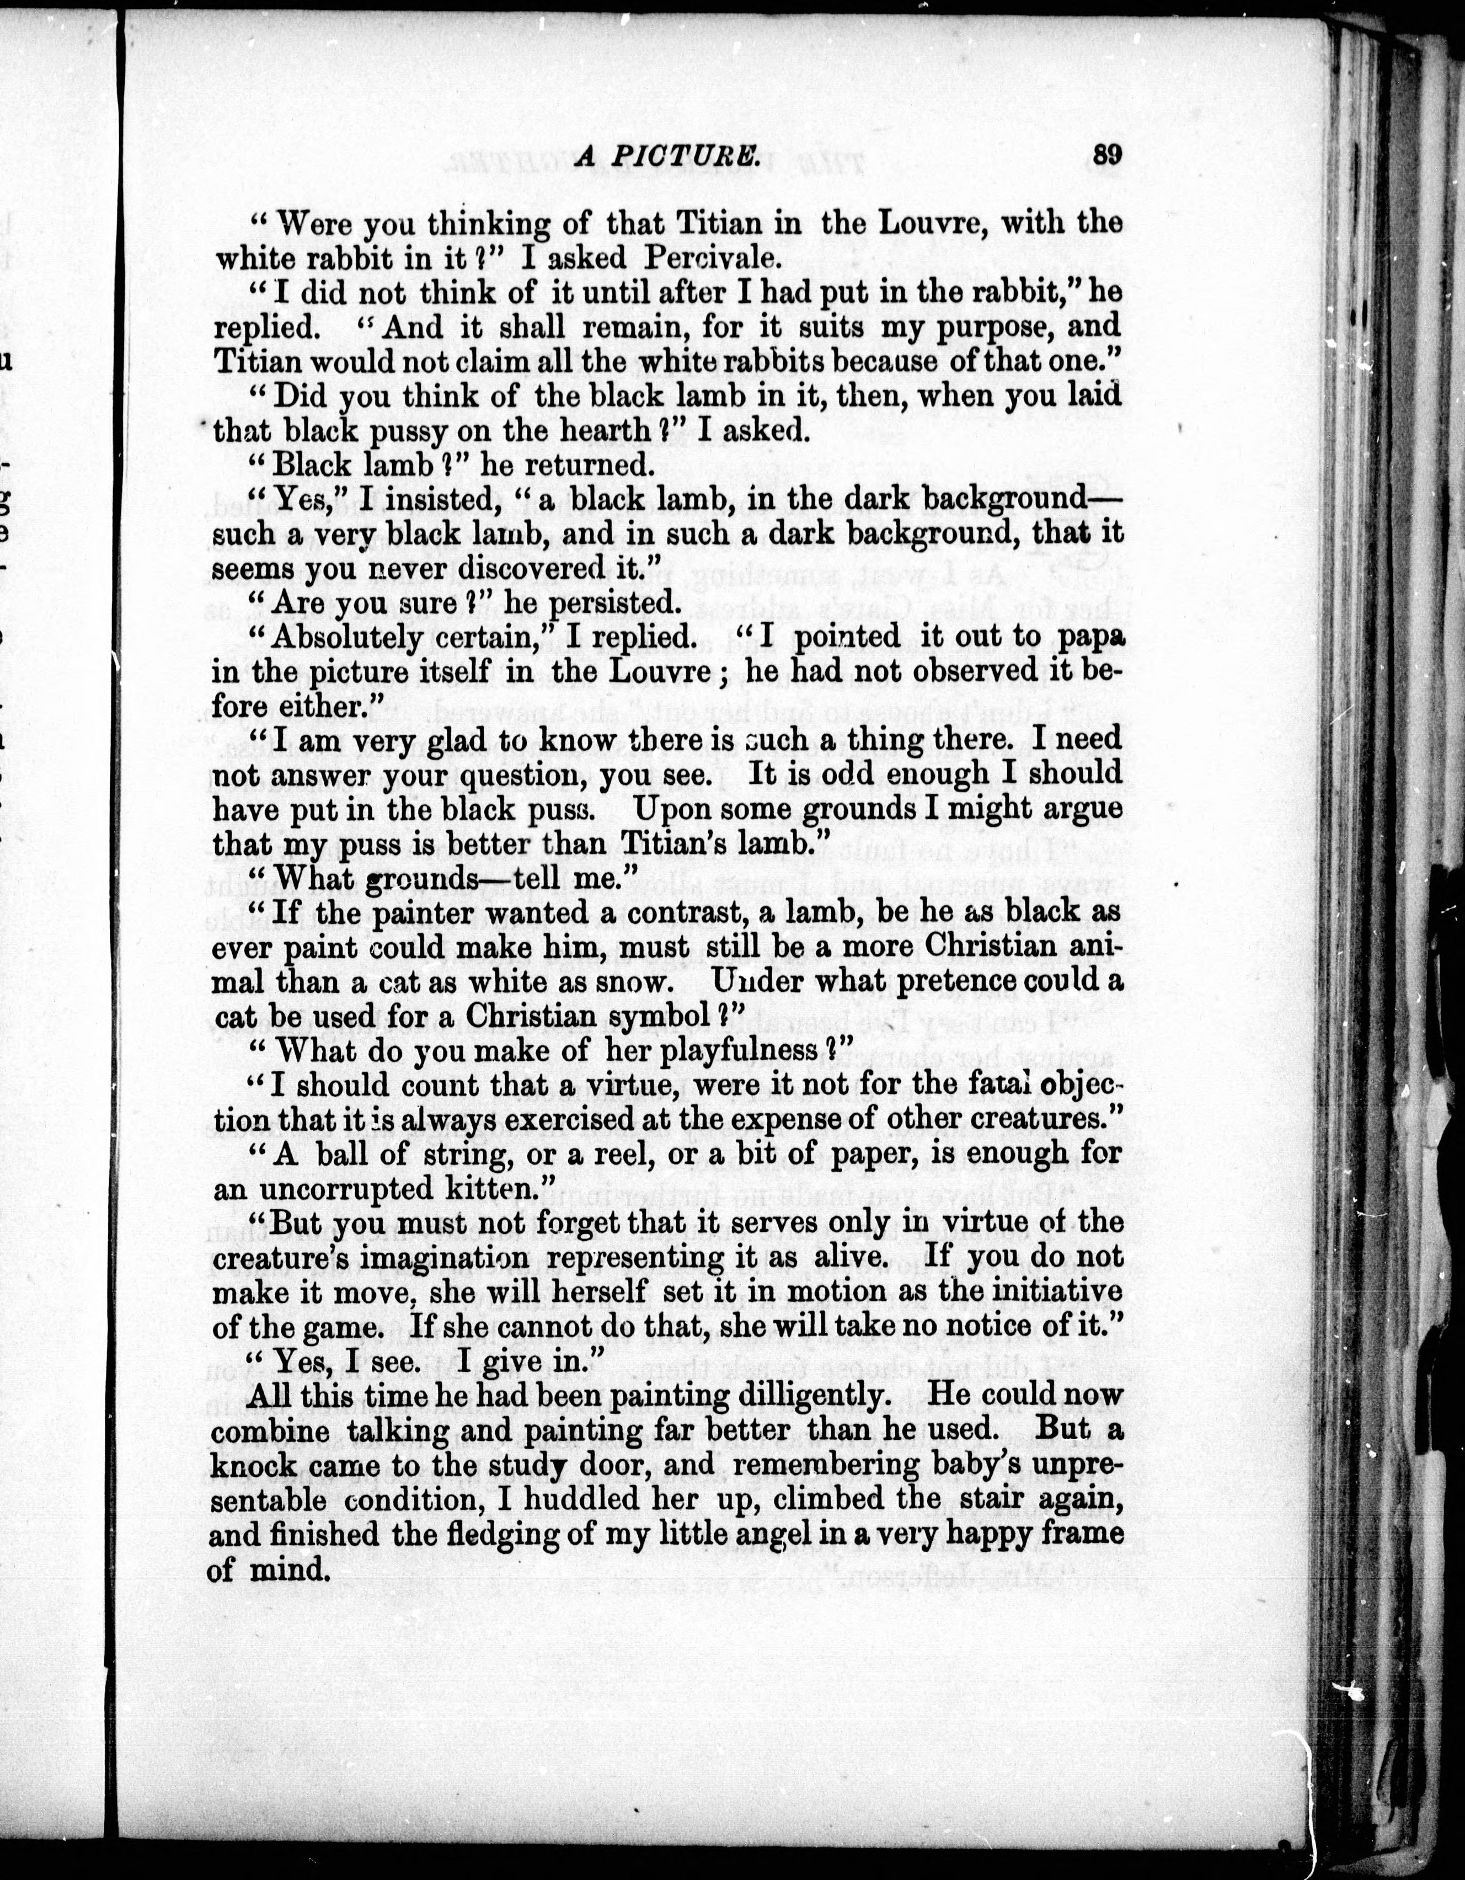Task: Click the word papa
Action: pyautogui.click(x=1088, y=638)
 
